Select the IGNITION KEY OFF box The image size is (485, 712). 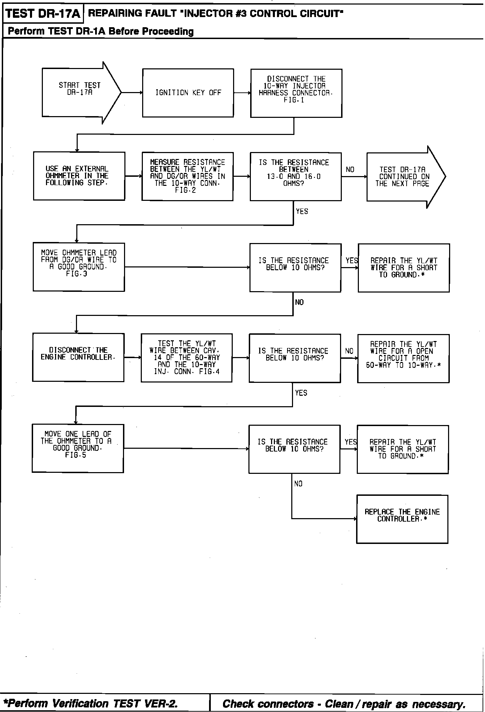(x=188, y=93)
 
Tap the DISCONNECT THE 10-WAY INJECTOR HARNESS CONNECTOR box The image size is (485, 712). (x=296, y=93)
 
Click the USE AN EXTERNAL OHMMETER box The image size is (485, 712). (x=79, y=176)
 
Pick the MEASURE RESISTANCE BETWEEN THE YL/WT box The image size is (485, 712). (x=187, y=176)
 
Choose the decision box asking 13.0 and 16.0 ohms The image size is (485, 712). (x=295, y=176)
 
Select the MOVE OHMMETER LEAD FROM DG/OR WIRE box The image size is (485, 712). (x=79, y=267)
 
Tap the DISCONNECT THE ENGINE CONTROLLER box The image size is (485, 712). (x=78, y=357)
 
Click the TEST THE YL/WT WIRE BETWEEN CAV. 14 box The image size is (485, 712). (x=186, y=358)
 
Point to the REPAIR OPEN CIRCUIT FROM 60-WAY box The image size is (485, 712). (x=403, y=358)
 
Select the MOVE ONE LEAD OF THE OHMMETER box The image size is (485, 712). (x=78, y=448)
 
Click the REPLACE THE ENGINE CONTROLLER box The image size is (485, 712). (x=402, y=518)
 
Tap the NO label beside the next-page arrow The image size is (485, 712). (x=350, y=169)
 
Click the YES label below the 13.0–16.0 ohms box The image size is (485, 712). (x=302, y=211)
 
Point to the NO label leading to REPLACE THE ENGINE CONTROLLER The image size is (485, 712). (x=298, y=484)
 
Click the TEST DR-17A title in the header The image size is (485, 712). (x=43, y=14)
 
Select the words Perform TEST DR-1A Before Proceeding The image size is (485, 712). (x=101, y=31)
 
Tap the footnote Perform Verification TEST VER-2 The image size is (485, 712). (x=91, y=703)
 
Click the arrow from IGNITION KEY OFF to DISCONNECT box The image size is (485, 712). (x=242, y=93)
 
